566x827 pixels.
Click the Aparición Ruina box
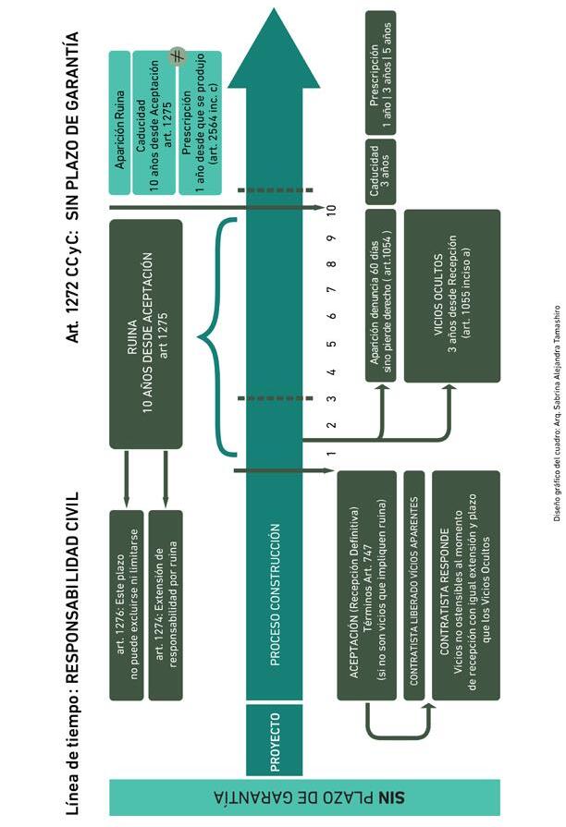point(120,123)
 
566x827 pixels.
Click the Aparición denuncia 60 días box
point(382,296)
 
